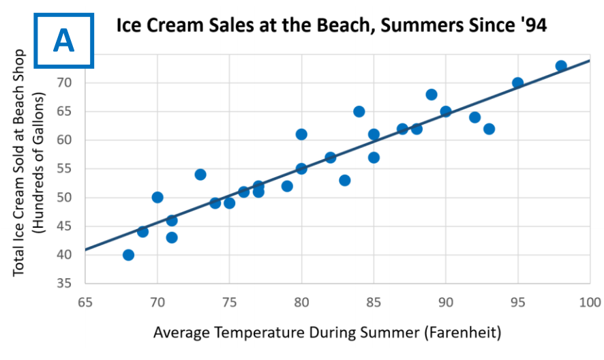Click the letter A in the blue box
pyautogui.click(x=64, y=40)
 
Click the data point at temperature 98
pyautogui.click(x=561, y=66)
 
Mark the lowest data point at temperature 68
pyautogui.click(x=128, y=255)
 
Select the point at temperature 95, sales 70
pyautogui.click(x=517, y=83)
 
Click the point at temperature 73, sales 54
pyautogui.click(x=200, y=175)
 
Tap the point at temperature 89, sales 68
pyautogui.click(x=432, y=95)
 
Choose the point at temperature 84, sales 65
pyautogui.click(x=359, y=112)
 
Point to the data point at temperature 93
pyautogui.click(x=489, y=129)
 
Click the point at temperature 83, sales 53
pyautogui.click(x=345, y=181)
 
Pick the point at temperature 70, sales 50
pyautogui.click(x=157, y=198)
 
